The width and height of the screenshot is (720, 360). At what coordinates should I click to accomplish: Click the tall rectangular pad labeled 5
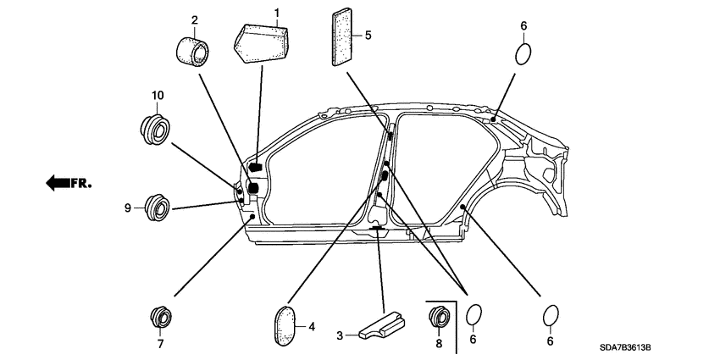coord(341,36)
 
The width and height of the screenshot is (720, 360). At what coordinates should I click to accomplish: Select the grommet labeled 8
coord(439,318)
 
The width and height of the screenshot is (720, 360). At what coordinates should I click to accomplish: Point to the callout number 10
coord(158,95)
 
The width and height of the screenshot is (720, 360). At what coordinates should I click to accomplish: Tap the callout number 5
coord(367,36)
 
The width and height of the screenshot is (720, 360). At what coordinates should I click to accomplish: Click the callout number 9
coord(128,207)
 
